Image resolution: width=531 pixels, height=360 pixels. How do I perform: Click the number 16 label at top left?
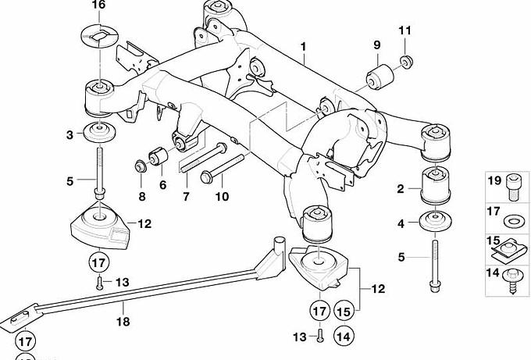coord(98,5)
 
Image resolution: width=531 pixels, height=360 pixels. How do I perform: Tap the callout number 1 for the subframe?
coord(304,48)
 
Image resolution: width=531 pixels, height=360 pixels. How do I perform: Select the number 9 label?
coord(376,45)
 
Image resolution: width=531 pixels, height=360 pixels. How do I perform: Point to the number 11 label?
coord(404,31)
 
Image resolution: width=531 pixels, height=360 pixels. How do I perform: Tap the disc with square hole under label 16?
coord(98,36)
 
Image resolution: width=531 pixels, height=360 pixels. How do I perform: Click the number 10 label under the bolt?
coord(223,197)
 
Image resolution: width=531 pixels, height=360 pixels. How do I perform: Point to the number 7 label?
coord(186,197)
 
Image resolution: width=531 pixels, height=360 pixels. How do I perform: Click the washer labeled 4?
coord(437,222)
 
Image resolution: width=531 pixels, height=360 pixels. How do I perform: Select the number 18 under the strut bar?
coord(121,321)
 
